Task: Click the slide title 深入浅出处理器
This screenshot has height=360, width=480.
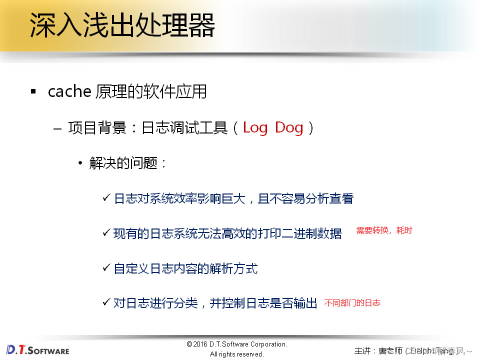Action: [x=122, y=25]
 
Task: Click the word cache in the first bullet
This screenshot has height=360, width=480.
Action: [x=69, y=91]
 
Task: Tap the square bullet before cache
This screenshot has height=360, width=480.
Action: [x=33, y=92]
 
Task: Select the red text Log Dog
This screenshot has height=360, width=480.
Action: [x=273, y=127]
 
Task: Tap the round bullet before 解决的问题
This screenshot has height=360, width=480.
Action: [x=80, y=163]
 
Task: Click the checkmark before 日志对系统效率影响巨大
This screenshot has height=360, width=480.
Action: [x=106, y=198]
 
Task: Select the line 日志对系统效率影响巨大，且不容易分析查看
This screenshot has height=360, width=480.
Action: [x=233, y=198]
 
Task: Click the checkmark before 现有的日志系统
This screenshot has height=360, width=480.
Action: [x=106, y=232]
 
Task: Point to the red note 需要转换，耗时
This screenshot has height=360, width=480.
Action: [x=384, y=230]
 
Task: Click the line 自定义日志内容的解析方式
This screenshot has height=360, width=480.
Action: [x=185, y=268]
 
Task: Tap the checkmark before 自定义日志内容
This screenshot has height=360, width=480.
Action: [x=106, y=268]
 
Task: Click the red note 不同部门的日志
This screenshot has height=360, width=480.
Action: [x=352, y=302]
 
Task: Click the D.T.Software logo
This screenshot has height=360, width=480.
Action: [x=38, y=349]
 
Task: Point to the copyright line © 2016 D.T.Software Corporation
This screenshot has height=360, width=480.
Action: [x=236, y=344]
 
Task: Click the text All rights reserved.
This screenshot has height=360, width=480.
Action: [x=236, y=354]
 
